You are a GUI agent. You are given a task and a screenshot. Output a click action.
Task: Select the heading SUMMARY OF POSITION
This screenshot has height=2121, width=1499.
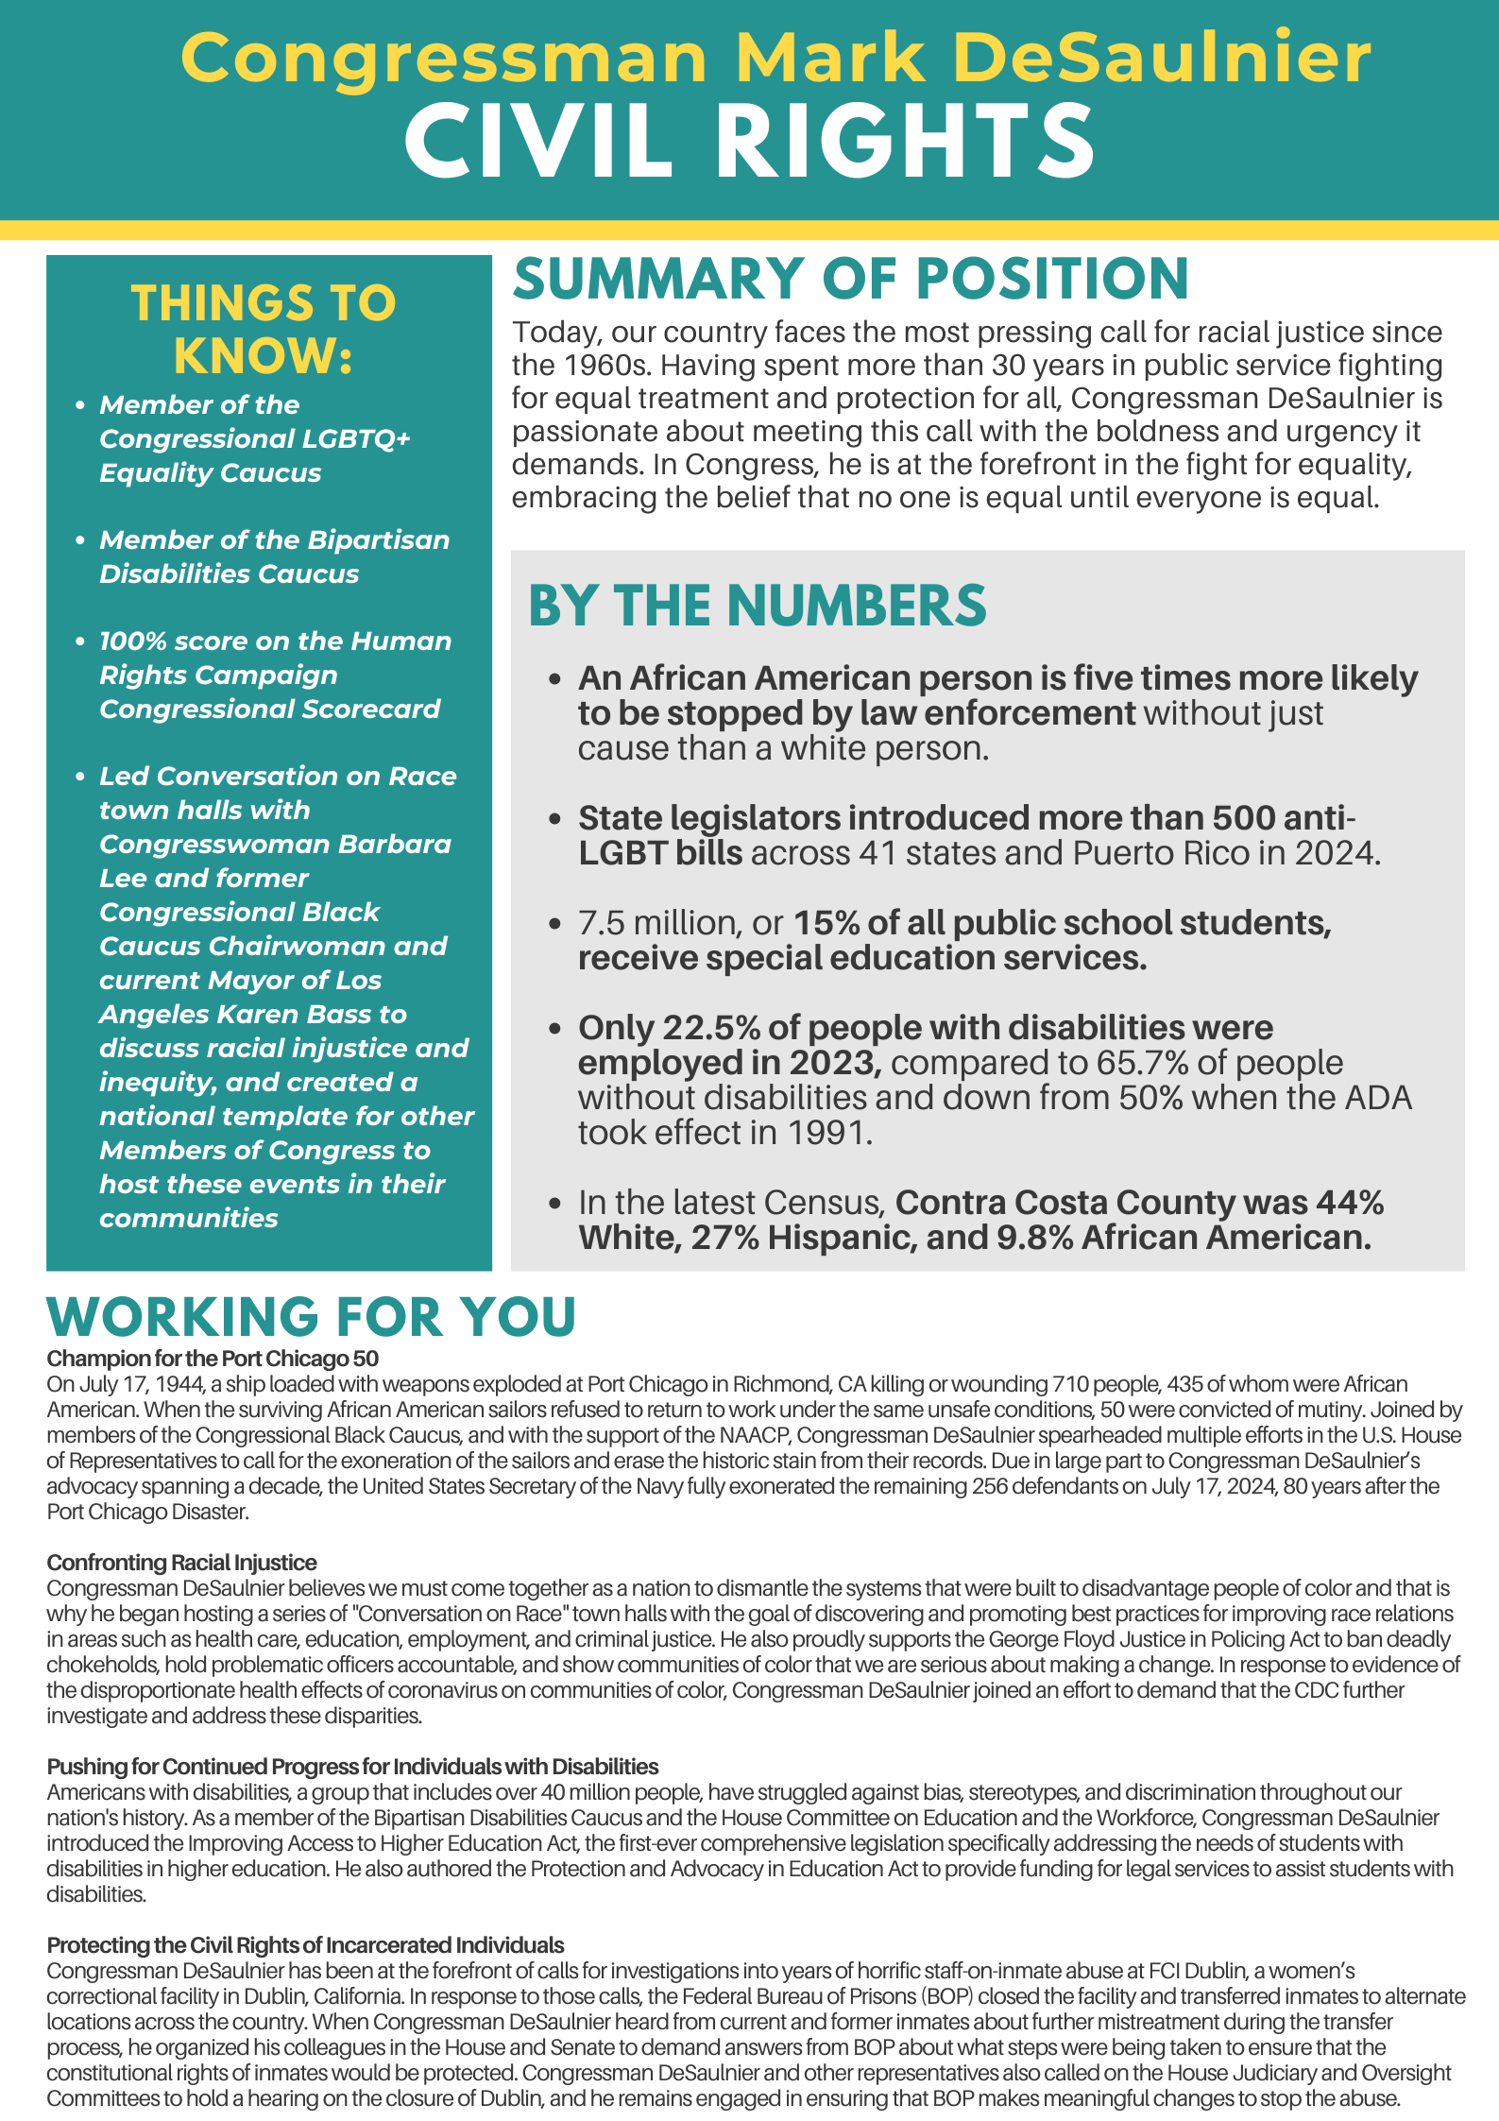[x=850, y=279]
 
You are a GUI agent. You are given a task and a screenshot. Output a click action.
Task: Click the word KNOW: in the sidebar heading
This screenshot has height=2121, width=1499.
[x=263, y=356]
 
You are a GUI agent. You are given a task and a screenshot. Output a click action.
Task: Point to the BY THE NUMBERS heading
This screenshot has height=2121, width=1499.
[x=757, y=606]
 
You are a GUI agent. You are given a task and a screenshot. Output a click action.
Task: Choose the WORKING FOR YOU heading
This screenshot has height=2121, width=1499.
[x=312, y=1316]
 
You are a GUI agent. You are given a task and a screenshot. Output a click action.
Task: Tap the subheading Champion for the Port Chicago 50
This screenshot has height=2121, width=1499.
[x=213, y=1359]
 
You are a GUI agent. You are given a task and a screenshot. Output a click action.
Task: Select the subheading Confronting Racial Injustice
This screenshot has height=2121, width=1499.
[x=181, y=1563]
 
